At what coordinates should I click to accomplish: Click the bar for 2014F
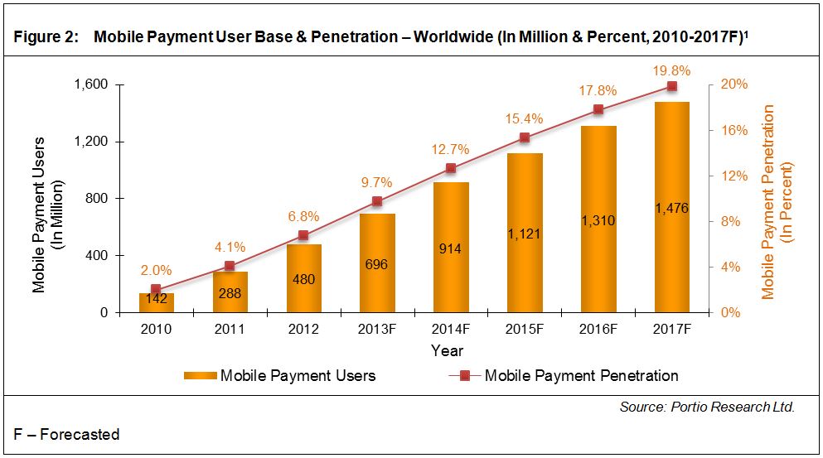[x=451, y=248]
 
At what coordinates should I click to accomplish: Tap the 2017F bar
[x=671, y=207]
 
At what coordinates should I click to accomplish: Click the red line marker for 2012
[x=303, y=235]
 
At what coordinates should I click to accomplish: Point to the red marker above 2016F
[x=598, y=109]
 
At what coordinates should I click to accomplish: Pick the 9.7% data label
[x=376, y=182]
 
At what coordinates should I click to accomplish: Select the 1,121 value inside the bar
[x=524, y=234]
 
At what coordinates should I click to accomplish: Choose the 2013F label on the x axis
[x=376, y=329]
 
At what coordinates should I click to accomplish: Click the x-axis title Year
[x=447, y=350]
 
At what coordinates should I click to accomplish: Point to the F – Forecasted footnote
[x=67, y=435]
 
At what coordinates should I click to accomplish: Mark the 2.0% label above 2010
[x=156, y=270]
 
